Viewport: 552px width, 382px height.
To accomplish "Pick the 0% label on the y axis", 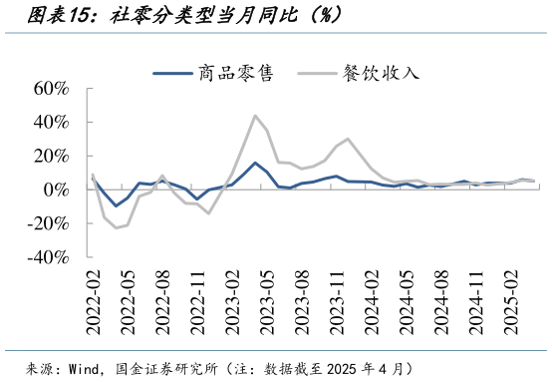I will click(54, 190).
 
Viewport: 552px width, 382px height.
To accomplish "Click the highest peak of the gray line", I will click(255, 116).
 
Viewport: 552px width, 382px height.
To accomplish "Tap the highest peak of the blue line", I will click(255, 163).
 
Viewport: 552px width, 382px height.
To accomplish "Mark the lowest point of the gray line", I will click(116, 228).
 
